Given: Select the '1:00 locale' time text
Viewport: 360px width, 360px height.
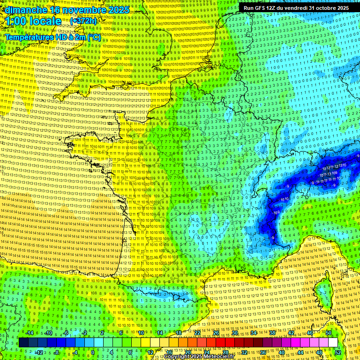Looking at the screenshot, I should coord(34,21).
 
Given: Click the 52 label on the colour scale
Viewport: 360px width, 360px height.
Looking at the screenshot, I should coord(338,352).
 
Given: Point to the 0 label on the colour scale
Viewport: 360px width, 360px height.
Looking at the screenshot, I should coord(92,352).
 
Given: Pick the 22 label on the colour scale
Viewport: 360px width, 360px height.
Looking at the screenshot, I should coord(197,333).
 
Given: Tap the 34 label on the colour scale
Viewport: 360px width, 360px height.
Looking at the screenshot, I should coord(254,333).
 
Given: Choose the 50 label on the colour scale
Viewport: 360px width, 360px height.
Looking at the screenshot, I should coord(329,333).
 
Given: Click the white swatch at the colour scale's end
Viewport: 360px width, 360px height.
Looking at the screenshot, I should coord(333,343).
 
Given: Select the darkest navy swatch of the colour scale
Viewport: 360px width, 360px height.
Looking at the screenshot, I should coord(23,343).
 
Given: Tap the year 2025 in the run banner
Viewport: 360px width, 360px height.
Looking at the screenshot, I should coord(342,8).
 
